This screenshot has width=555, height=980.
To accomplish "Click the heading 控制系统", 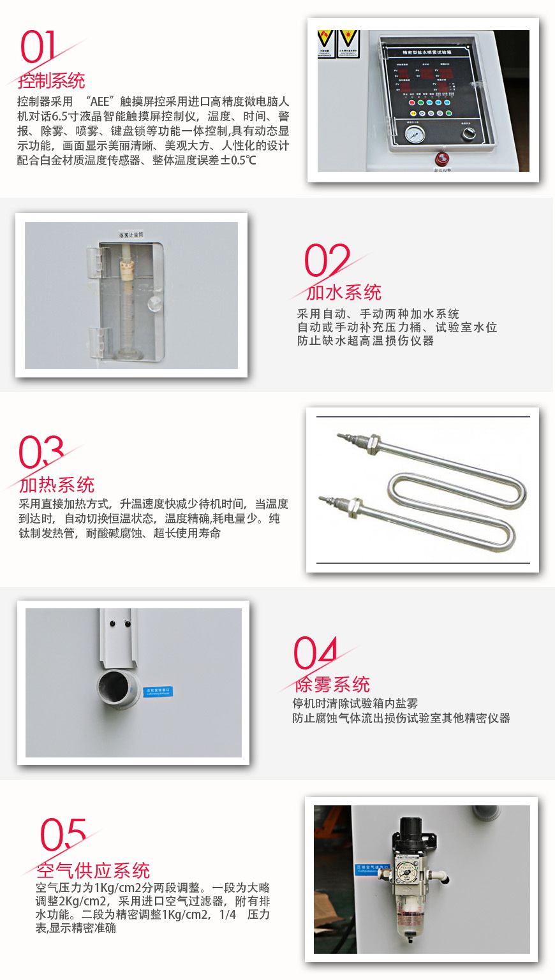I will coord(52,81).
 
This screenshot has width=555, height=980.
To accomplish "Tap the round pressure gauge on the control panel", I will coord(415,135).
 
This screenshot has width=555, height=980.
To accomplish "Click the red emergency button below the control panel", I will coord(441,159).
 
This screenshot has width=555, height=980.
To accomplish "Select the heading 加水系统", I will coord(344,292).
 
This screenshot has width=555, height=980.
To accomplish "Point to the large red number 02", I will coord(327,260).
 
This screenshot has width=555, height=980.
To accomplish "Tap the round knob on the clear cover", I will coord(154,304).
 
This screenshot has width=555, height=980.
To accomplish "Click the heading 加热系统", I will coord(57,485).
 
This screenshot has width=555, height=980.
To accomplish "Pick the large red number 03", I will coord(41,453).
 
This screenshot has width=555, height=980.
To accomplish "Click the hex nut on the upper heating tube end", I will coord(373,442).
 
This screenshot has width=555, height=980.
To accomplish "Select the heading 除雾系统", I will coord(332,684).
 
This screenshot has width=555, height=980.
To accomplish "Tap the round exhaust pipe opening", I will coord(118,691).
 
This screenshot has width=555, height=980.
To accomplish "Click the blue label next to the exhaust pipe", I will coord(158,691).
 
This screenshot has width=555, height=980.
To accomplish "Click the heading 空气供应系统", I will coord(93,870).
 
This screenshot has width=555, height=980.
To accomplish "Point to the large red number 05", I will coord(63,835).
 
